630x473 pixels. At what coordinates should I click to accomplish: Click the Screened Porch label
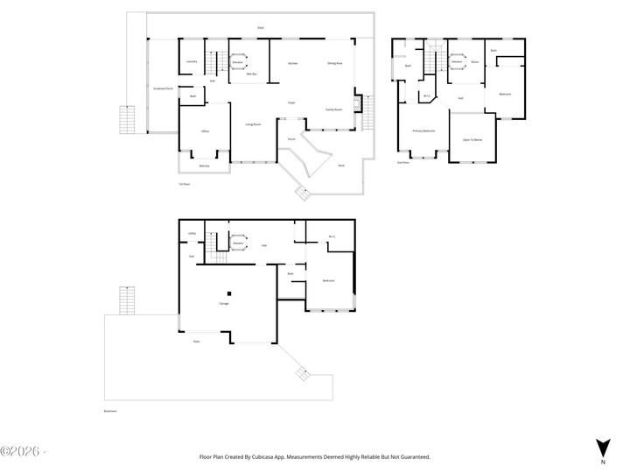pyautogui.click(x=160, y=88)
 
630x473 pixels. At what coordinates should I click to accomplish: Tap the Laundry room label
pyautogui.click(x=192, y=62)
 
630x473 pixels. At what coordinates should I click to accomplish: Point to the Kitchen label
pyautogui.click(x=293, y=63)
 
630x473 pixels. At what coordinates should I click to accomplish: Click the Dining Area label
pyautogui.click(x=334, y=63)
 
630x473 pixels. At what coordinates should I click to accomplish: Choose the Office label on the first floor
pyautogui.click(x=205, y=131)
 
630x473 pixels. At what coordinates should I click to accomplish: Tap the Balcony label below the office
pyautogui.click(x=204, y=166)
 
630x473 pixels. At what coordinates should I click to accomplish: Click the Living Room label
pyautogui.click(x=254, y=125)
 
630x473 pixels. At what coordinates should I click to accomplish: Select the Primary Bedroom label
pyautogui.click(x=424, y=131)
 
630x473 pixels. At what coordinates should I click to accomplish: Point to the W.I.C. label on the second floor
pyautogui.click(x=427, y=95)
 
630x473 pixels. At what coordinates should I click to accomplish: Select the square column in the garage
pyautogui.click(x=229, y=293)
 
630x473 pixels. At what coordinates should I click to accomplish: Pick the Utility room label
pyautogui.click(x=192, y=234)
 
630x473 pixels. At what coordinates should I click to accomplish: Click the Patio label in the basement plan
pyautogui.click(x=197, y=341)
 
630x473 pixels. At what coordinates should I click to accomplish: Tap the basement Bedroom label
pyautogui.click(x=328, y=280)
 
